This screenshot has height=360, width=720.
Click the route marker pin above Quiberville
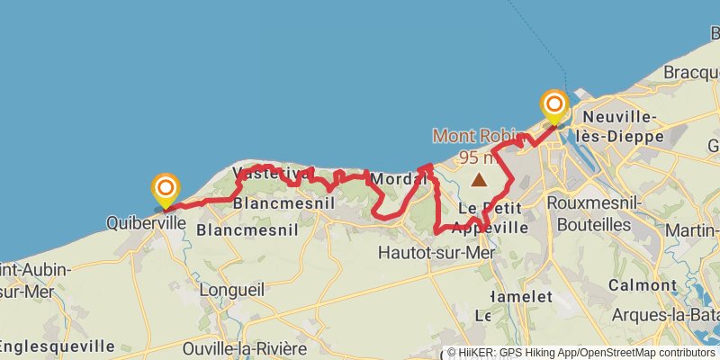(166, 188)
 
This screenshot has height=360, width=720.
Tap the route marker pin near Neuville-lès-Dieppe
(553, 106)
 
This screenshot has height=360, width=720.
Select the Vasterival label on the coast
(264, 173)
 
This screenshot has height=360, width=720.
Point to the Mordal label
(396, 178)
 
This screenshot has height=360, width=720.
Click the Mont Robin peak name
(476, 136)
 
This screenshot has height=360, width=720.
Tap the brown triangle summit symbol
(480, 179)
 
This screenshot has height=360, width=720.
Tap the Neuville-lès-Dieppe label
(622, 127)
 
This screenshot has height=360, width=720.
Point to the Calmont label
(642, 284)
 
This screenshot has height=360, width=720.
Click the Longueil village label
(230, 290)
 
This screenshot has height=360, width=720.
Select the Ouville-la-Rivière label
(244, 348)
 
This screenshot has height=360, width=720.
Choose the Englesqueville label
(56, 346)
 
